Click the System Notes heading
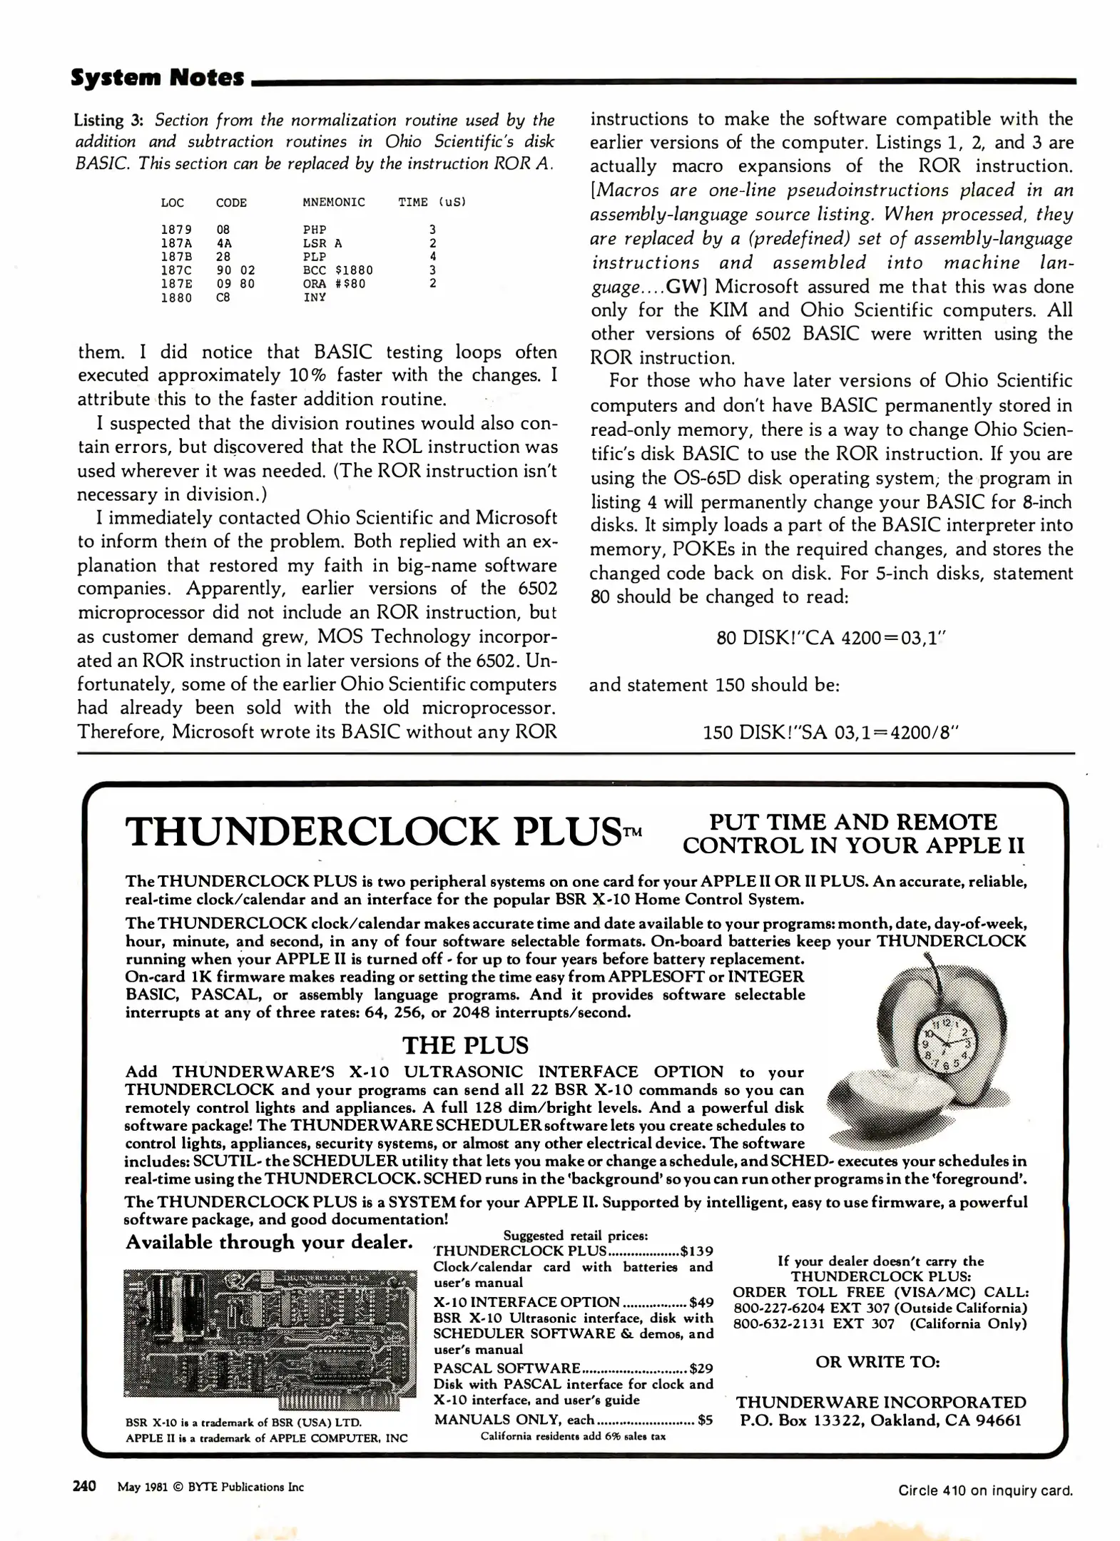click(158, 77)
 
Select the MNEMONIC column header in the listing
click(333, 203)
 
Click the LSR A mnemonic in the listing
click(322, 243)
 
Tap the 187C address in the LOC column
click(175, 270)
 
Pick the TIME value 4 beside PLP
click(432, 256)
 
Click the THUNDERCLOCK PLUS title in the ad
click(373, 832)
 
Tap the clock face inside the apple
click(943, 1045)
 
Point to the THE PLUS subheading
click(465, 1045)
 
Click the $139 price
click(696, 1251)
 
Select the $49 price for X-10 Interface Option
click(701, 1302)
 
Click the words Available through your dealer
click(269, 1242)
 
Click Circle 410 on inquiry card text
click(984, 1490)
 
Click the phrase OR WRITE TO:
click(877, 1361)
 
